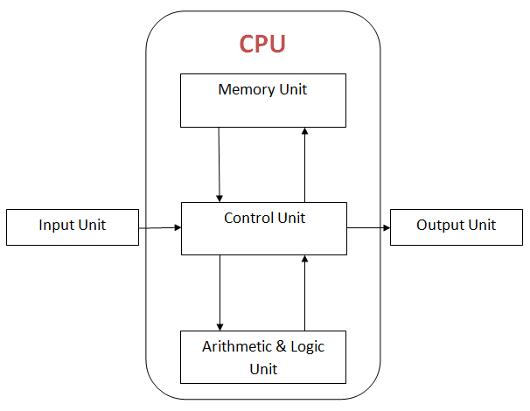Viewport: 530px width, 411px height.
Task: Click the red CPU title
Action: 263,44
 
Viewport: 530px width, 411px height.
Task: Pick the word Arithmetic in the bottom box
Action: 237,346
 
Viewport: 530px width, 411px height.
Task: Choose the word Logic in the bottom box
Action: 306,346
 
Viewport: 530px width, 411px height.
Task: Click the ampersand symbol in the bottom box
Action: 281,346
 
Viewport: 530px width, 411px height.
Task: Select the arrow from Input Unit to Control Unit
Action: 160,227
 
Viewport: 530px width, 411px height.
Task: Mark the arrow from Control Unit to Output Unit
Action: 368,227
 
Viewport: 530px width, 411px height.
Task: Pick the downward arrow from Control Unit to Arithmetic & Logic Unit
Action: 220,292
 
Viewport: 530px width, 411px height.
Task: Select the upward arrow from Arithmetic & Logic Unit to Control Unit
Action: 305,292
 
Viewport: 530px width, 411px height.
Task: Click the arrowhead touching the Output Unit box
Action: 386,227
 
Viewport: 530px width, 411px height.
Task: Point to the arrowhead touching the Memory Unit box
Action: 305,130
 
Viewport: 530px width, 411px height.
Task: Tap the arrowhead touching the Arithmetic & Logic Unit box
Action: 220,325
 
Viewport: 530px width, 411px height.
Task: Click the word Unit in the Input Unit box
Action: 91,225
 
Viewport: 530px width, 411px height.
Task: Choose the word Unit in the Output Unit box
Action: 481,225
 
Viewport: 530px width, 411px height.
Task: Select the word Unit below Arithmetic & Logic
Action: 263,368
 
